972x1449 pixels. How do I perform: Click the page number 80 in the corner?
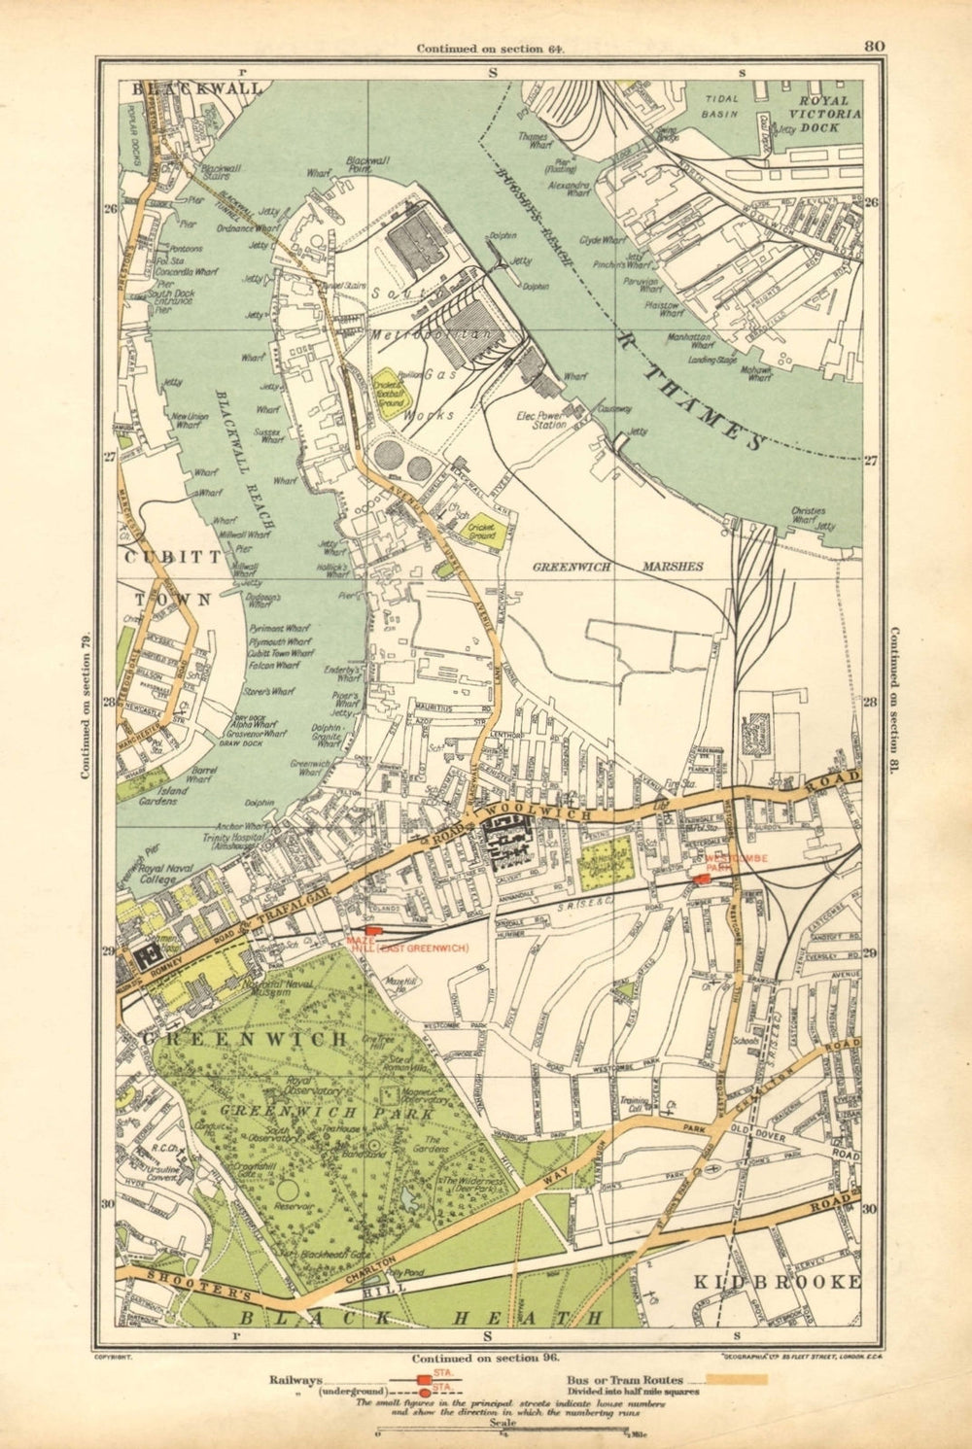[x=872, y=45]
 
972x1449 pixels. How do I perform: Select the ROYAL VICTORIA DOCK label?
[x=817, y=113]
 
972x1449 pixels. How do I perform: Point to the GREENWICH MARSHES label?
[x=617, y=564]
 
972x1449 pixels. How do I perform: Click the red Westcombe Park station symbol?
[x=702, y=879]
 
